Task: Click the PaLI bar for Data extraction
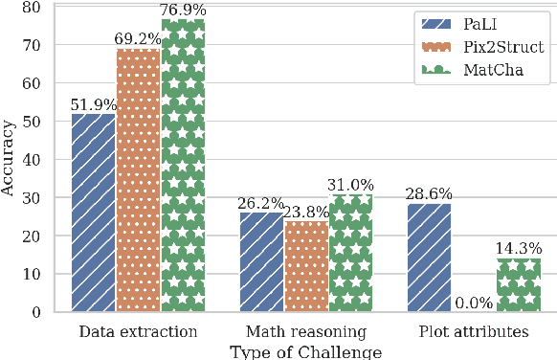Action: (x=94, y=213)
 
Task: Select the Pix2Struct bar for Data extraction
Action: (x=138, y=180)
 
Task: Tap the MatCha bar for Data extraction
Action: (x=183, y=165)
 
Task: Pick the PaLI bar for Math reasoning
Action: (x=261, y=261)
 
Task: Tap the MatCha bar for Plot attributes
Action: (x=518, y=284)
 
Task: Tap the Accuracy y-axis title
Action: (x=9, y=159)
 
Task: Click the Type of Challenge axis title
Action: (x=305, y=351)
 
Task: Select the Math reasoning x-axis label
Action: (x=305, y=332)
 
